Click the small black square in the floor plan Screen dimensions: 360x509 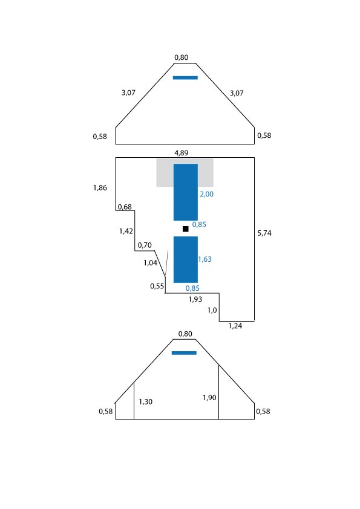186,229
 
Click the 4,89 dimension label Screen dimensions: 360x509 182,153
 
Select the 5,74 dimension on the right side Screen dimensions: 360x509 264,233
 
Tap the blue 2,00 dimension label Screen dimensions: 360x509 207,194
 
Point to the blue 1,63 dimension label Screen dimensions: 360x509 205,259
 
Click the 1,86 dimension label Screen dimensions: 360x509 100,187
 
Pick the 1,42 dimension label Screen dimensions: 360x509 126,231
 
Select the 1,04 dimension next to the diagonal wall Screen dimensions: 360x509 151,263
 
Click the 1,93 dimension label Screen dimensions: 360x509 195,299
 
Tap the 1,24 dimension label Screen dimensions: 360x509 235,326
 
